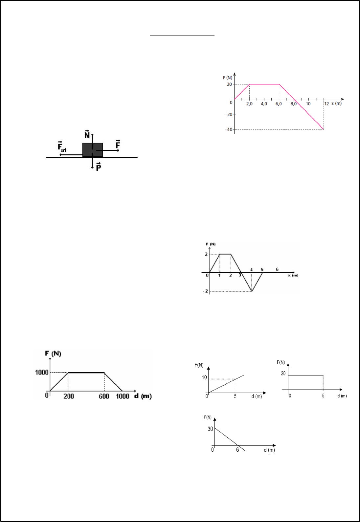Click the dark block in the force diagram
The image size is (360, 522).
coord(93,150)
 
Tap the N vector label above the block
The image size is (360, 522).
coord(87,134)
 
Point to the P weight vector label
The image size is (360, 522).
coord(99,167)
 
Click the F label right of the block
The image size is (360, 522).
coord(118,145)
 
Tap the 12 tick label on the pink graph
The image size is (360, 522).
coord(327,104)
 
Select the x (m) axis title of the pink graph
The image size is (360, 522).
coord(336,103)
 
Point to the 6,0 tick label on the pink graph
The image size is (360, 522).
coord(279,104)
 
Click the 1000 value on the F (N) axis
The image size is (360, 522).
coord(42,373)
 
